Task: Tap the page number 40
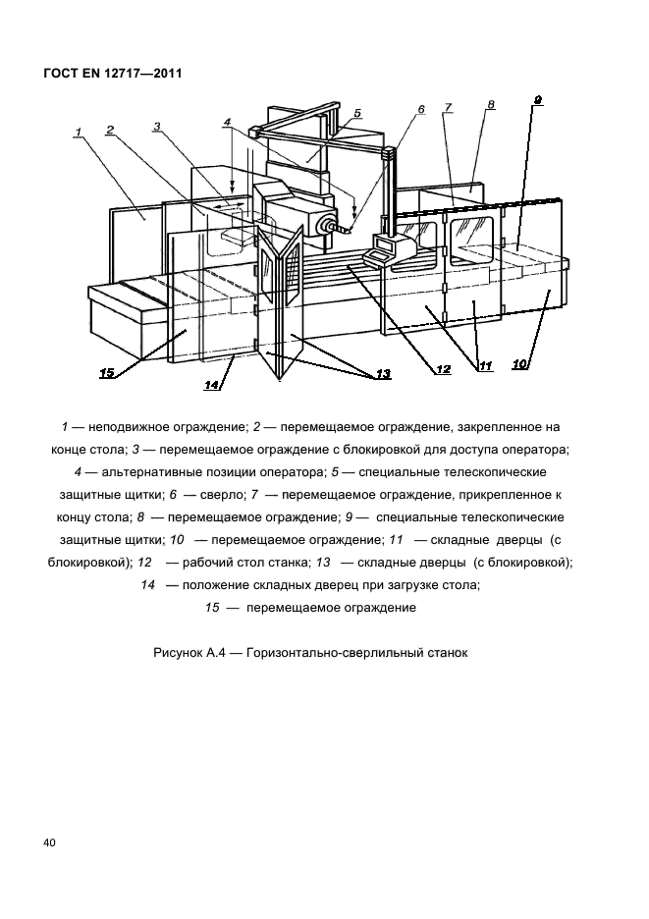tap(49, 843)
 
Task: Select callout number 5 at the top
tap(357, 113)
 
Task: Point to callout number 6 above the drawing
tap(420, 110)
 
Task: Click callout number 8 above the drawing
tap(491, 104)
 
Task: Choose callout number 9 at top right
tap(538, 99)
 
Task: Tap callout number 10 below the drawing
tap(520, 364)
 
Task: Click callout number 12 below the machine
tap(444, 370)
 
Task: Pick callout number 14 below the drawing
tap(211, 386)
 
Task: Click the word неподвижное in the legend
tap(125, 428)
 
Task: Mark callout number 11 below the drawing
tap(484, 367)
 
